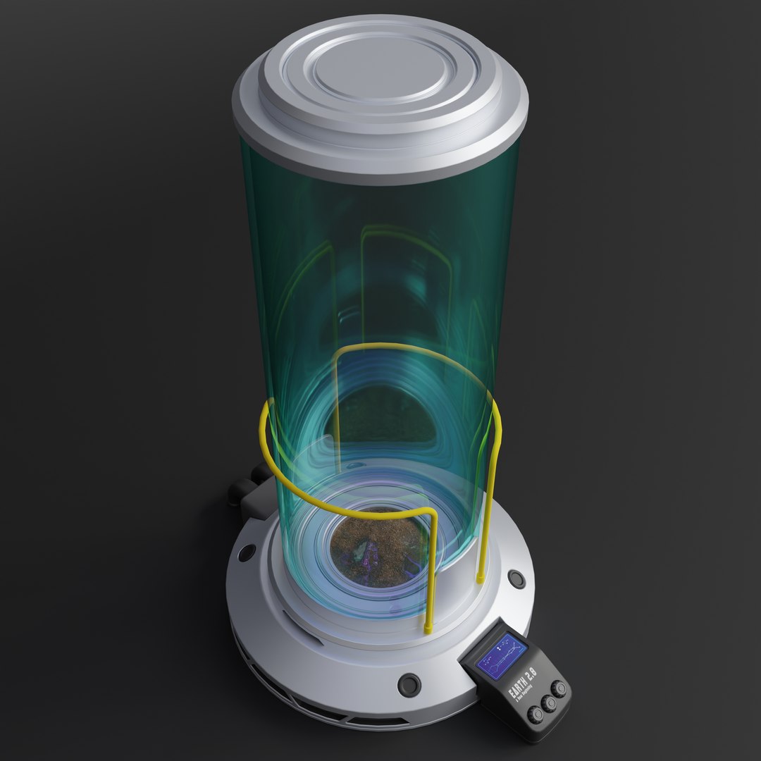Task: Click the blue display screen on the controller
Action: point(502,656)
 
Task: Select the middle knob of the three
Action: point(550,703)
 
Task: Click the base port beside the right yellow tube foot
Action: point(516,579)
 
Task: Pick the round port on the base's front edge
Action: point(409,683)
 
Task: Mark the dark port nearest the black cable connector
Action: point(247,552)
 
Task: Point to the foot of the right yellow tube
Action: point(481,578)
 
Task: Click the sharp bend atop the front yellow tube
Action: point(431,512)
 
